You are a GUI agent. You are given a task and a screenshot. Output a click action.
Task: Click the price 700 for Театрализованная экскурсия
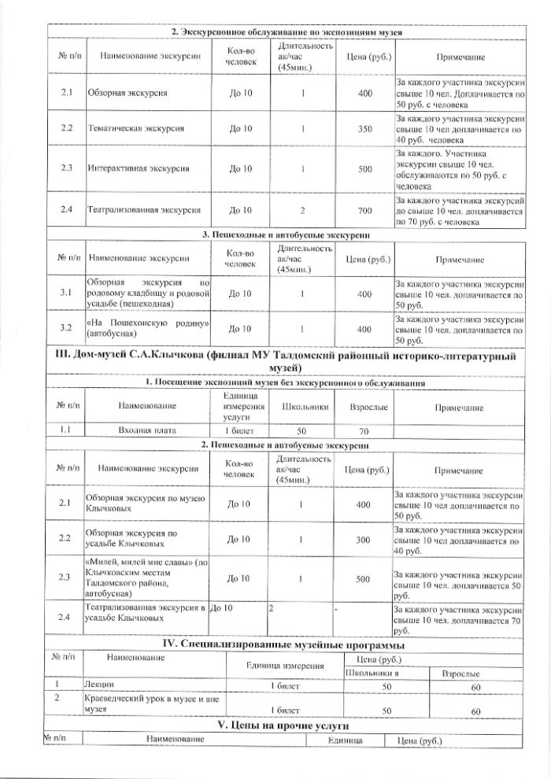click(x=364, y=211)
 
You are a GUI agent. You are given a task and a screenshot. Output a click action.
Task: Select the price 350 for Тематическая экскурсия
click(x=364, y=128)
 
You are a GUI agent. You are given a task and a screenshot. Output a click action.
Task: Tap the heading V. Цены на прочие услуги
click(x=283, y=724)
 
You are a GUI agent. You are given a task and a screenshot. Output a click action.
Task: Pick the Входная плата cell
click(x=146, y=430)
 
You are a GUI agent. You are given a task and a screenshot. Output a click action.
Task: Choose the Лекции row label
click(x=98, y=686)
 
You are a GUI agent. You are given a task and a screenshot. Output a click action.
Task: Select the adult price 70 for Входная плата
click(x=363, y=430)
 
